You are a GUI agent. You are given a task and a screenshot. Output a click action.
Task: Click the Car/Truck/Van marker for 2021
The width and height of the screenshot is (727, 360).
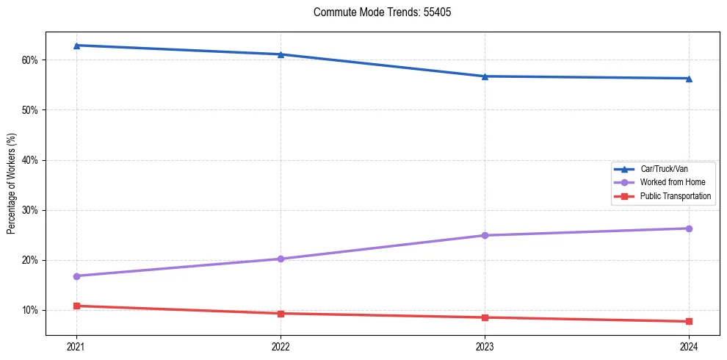(76, 46)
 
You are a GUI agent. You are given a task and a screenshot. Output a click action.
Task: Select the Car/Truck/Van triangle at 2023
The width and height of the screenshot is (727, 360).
(485, 76)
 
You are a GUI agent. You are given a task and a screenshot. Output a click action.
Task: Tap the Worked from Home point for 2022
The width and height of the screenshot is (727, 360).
(281, 259)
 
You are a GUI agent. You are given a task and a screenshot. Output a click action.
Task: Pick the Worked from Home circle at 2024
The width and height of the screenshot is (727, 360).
(689, 228)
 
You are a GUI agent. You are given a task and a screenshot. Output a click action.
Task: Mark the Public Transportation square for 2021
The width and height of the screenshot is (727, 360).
(76, 306)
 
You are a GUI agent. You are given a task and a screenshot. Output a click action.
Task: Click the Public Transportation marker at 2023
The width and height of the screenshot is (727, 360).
(485, 317)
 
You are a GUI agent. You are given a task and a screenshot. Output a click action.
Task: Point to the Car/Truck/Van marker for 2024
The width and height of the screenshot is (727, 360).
(689, 79)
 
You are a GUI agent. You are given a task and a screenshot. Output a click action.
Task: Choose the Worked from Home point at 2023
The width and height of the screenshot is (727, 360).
(485, 235)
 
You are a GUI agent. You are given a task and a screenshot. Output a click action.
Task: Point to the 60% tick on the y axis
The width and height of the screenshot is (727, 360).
(32, 60)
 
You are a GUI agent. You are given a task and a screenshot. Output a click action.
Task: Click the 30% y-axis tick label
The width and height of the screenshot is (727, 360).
(32, 210)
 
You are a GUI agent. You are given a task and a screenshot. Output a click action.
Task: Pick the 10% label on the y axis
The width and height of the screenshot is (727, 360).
(32, 310)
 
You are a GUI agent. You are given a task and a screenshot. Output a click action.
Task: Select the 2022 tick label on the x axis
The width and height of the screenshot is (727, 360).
(281, 346)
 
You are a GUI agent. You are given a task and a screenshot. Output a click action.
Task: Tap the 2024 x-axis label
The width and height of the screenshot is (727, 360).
(689, 346)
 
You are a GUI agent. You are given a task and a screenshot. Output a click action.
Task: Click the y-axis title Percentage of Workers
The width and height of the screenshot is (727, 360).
(11, 184)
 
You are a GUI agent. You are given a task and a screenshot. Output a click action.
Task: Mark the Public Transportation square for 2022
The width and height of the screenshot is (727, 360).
(281, 314)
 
